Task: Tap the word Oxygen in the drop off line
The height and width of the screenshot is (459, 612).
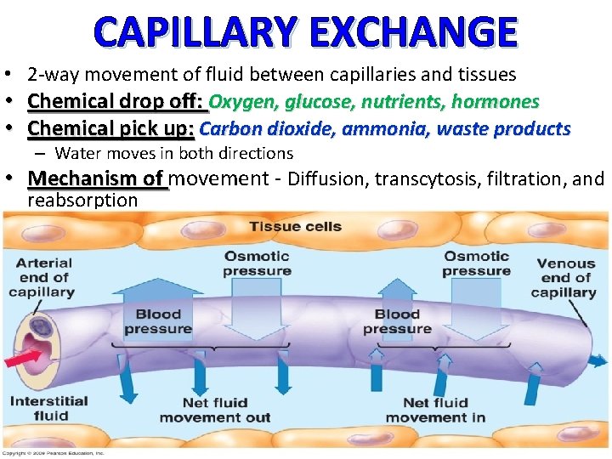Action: click(236, 102)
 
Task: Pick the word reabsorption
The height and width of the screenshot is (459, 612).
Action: click(82, 201)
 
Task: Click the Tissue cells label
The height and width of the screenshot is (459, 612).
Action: click(295, 226)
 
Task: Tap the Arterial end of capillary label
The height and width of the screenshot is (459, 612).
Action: click(42, 277)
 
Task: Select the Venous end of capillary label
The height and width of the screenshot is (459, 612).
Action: click(564, 278)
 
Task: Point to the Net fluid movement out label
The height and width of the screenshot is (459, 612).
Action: click(215, 410)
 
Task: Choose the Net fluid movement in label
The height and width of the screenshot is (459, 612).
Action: click(435, 410)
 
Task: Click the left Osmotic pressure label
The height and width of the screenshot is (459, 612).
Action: click(257, 263)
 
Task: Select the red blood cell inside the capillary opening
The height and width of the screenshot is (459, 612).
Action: click(37, 327)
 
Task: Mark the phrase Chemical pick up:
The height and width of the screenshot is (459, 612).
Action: click(111, 128)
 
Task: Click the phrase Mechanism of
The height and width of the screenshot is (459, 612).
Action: click(96, 178)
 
